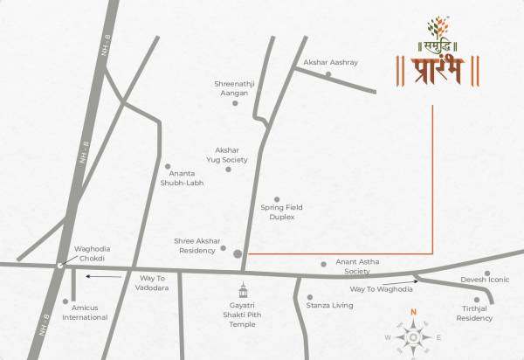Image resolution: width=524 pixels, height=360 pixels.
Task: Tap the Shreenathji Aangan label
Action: tap(232, 88)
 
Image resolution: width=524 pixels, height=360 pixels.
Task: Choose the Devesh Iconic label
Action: tap(484, 280)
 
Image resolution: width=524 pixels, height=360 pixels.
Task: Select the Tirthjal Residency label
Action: tap(476, 315)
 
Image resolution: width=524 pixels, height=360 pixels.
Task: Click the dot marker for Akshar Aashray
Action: tap(328, 74)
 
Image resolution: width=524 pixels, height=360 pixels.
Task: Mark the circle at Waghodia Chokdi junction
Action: tap(59, 264)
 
